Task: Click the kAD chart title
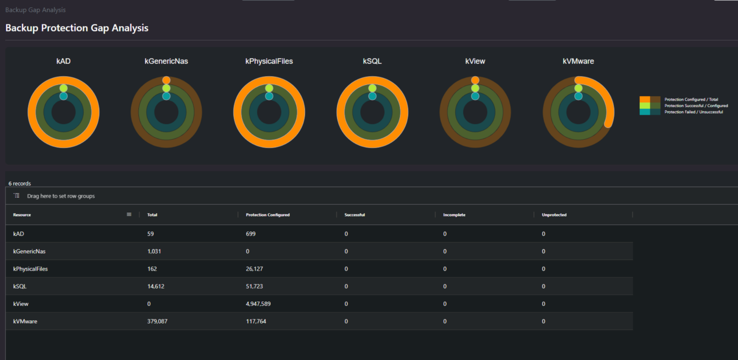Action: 63,61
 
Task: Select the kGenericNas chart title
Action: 166,61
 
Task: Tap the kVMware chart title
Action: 578,61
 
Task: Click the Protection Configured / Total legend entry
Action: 691,99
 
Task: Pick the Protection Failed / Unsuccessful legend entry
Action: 693,112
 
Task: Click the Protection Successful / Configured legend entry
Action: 696,106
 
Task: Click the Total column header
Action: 152,215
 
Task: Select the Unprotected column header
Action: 554,215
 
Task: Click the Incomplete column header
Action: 454,215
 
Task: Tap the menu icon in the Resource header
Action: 129,214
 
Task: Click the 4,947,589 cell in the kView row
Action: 258,304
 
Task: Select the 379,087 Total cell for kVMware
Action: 157,321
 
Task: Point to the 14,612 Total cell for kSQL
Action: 155,286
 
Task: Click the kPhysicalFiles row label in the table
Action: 30,269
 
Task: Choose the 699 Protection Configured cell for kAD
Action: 250,234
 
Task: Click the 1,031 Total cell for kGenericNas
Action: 154,251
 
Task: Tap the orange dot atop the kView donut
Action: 475,80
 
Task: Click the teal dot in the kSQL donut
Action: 372,96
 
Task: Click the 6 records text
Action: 20,183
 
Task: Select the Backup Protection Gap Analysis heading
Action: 77,28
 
